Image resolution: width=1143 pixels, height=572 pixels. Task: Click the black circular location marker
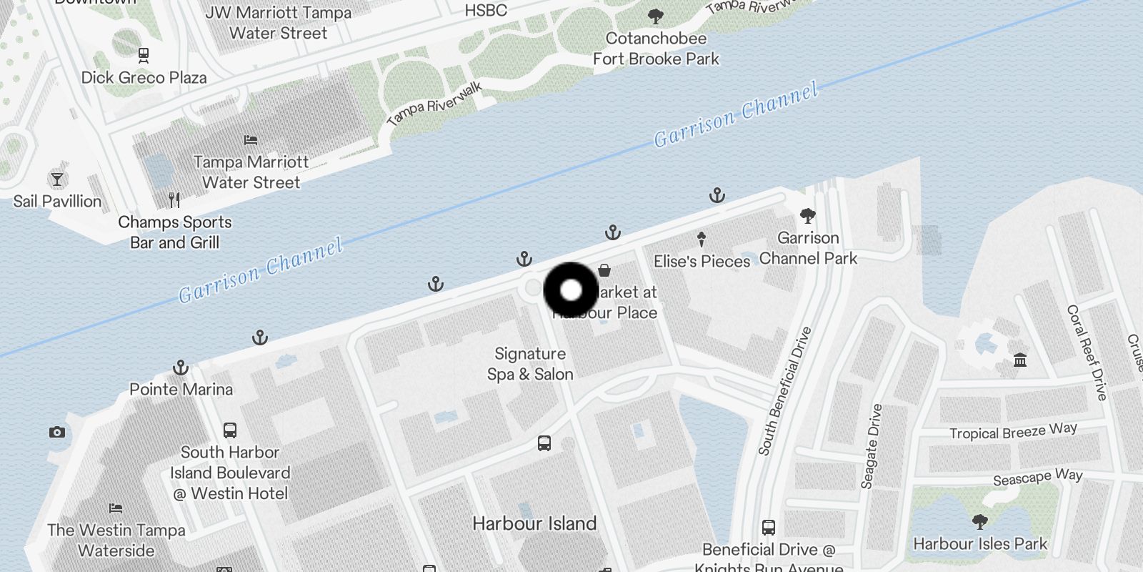(571, 290)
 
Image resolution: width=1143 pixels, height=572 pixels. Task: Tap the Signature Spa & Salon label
(530, 364)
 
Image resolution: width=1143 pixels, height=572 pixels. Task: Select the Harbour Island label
(534, 523)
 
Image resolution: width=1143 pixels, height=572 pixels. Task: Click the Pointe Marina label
(181, 390)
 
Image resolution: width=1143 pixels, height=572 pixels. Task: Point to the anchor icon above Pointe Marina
(181, 368)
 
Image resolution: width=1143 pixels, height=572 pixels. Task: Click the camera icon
(57, 432)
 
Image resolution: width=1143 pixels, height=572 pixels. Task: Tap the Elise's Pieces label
(702, 262)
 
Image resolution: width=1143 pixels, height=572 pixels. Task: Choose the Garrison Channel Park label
(808, 248)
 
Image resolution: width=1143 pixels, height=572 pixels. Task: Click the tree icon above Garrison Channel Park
(808, 215)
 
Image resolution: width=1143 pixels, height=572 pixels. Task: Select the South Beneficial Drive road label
(784, 392)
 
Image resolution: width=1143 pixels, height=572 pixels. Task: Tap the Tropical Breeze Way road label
(1013, 431)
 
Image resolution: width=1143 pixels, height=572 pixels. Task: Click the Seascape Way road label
(1037, 477)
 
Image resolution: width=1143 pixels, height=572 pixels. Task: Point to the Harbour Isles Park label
(979, 544)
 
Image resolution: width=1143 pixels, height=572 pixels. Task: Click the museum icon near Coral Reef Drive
(1020, 360)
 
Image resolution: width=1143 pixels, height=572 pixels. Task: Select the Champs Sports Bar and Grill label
(175, 232)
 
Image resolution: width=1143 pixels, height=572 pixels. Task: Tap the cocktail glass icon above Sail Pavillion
(57, 179)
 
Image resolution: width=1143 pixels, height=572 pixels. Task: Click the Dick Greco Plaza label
(144, 77)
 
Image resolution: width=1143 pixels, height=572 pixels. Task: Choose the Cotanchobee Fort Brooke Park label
(656, 49)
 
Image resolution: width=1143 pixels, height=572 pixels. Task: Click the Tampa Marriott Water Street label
(251, 172)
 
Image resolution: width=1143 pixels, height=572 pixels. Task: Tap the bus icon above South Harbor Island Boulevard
(229, 430)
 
